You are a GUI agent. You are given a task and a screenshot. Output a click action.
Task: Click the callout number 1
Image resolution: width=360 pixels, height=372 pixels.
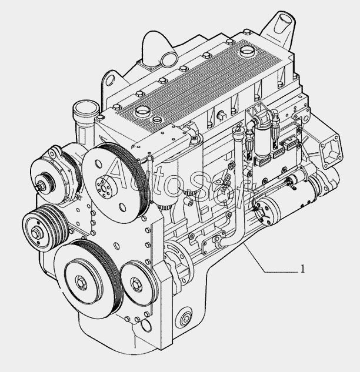(302, 269)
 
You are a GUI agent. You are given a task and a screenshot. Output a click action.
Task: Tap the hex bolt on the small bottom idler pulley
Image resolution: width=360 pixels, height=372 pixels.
(136, 284)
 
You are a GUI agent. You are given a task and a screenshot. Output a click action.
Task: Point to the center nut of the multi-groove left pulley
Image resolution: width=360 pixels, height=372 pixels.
(36, 232)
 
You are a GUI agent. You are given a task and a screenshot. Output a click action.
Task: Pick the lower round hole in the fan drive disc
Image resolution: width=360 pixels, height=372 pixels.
(122, 207)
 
